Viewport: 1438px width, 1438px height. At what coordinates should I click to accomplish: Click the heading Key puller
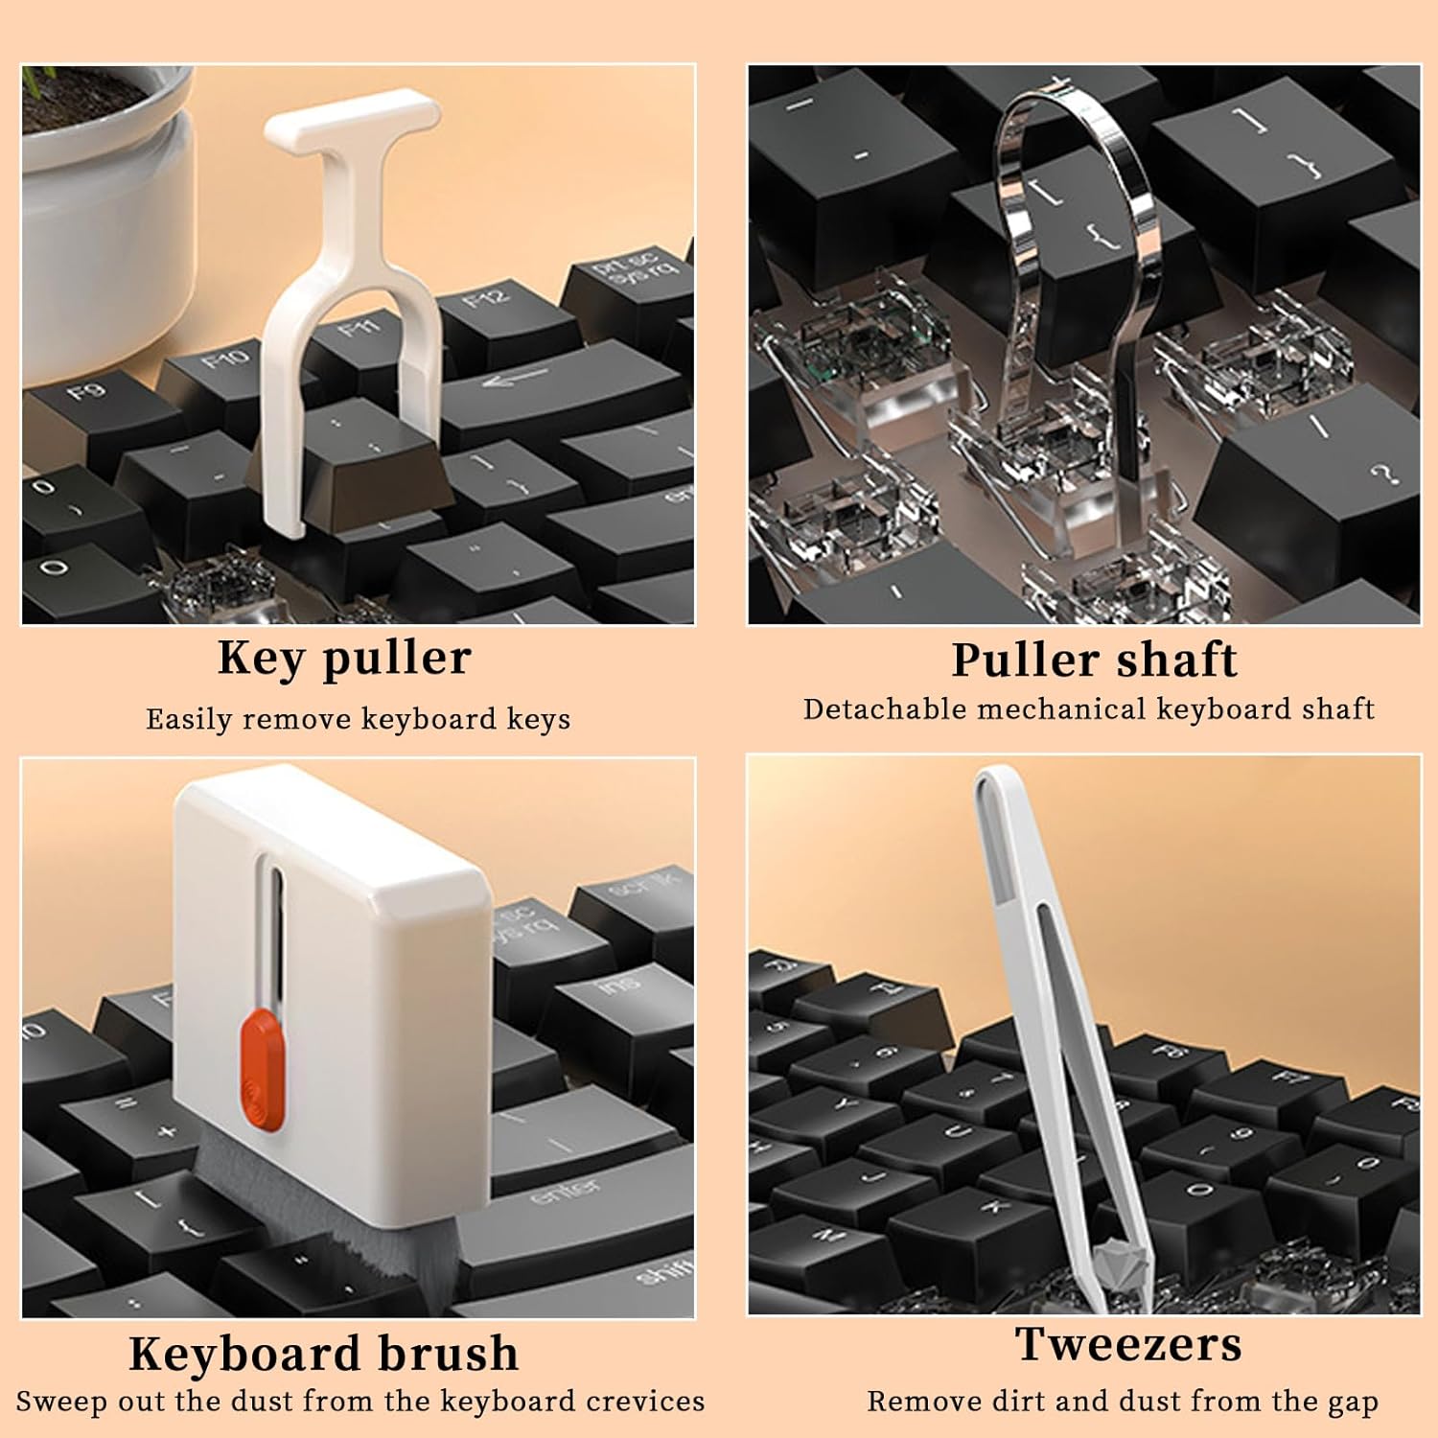coord(344,659)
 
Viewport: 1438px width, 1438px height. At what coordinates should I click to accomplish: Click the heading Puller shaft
coord(1094,661)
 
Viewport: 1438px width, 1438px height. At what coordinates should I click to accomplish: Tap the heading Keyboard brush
coord(324,1354)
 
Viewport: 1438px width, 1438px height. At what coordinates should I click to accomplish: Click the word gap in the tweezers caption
coord(1353,1403)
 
